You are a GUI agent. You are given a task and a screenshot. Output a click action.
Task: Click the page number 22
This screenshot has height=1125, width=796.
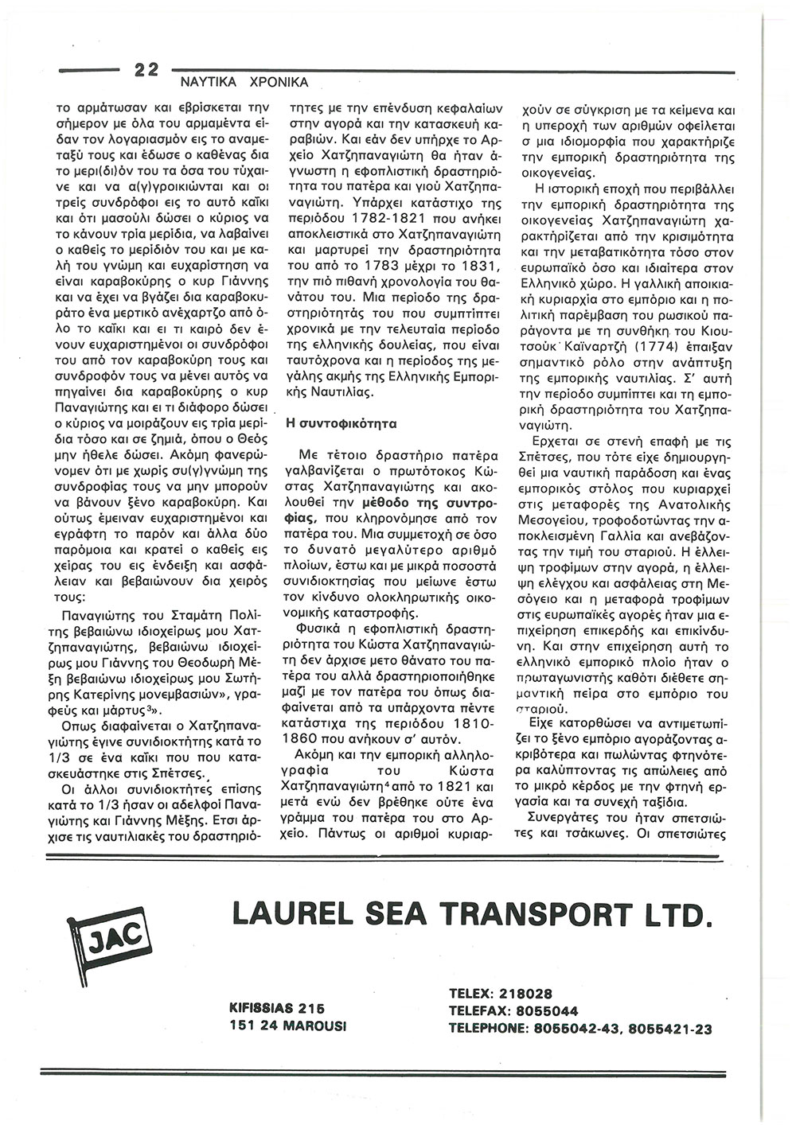coord(146,69)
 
